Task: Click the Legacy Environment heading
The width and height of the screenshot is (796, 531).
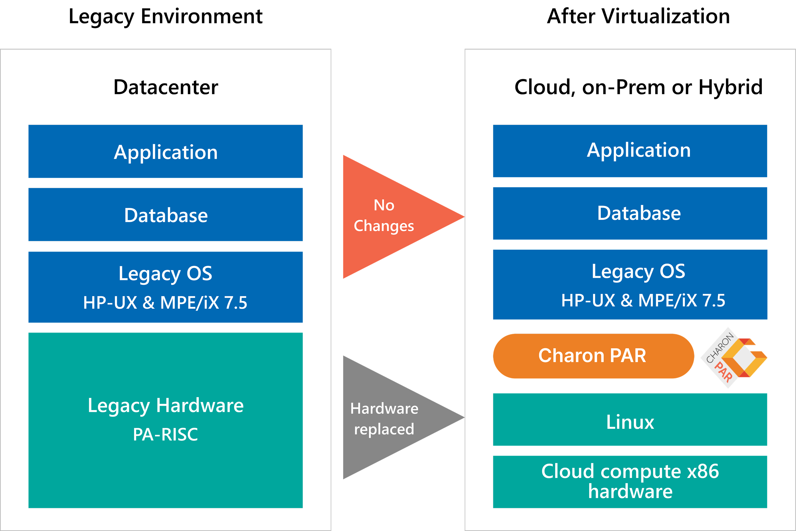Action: [x=166, y=17]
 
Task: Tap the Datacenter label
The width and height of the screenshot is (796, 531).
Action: [x=166, y=87]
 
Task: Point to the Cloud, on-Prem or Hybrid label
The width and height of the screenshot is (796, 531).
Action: [x=638, y=87]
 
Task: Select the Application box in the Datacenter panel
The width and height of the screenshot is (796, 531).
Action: [x=166, y=151]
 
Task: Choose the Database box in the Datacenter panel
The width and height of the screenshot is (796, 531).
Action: [x=166, y=214]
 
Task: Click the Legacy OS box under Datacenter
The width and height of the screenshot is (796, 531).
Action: [x=166, y=287]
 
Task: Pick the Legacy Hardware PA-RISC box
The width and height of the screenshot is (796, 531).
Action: [x=166, y=420]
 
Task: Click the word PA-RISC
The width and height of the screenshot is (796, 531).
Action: [x=166, y=434]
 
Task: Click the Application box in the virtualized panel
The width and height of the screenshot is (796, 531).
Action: [x=630, y=151]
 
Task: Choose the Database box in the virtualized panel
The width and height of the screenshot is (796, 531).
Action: [x=630, y=213]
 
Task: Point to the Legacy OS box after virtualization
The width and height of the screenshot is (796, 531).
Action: [x=630, y=284]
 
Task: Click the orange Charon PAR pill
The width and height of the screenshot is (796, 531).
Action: [x=594, y=356]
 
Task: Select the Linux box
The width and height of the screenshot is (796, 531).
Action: [x=630, y=419]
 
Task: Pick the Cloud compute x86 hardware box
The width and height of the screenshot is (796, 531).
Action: [x=630, y=482]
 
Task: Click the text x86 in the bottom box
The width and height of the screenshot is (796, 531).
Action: [x=703, y=471]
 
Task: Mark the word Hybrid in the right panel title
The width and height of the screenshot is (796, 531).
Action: [x=731, y=87]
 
